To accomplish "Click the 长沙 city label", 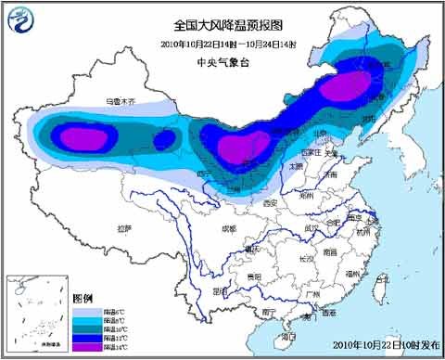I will coord(305,259).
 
